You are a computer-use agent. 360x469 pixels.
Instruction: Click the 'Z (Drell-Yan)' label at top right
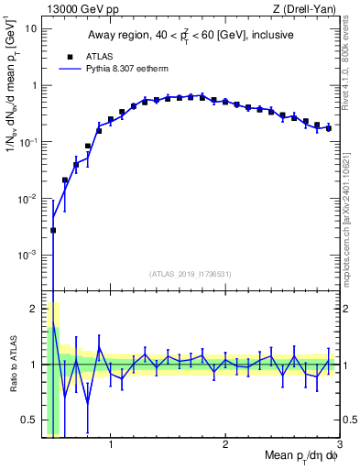(x=308, y=8)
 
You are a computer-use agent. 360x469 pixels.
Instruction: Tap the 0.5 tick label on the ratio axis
(x=27, y=420)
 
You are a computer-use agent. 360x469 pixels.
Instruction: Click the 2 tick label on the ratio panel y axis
(x=32, y=308)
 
